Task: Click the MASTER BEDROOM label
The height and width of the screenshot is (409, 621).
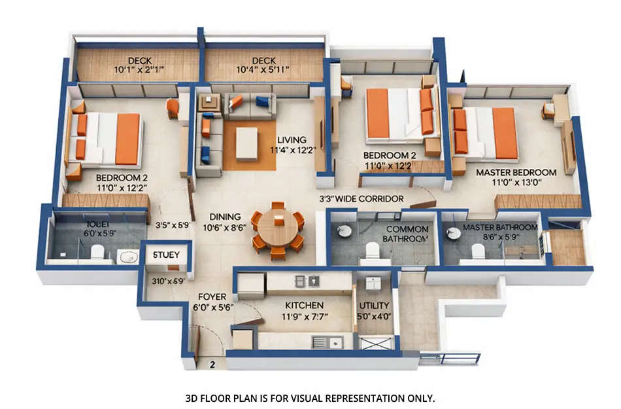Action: click(x=526, y=172)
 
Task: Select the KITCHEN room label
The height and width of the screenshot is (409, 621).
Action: click(x=304, y=305)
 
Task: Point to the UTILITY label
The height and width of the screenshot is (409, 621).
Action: click(x=375, y=306)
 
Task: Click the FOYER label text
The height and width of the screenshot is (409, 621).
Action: click(x=212, y=296)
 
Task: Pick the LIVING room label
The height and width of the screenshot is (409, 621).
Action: click(x=292, y=140)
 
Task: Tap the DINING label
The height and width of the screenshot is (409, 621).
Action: click(x=225, y=217)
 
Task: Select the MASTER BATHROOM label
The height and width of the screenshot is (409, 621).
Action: click(x=500, y=227)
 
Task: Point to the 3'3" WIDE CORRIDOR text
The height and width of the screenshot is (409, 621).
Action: click(x=361, y=198)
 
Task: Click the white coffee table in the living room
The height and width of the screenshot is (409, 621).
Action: click(x=246, y=143)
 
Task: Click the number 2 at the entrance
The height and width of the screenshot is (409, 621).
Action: click(x=212, y=364)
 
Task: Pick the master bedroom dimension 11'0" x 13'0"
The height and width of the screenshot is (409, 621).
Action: click(x=526, y=184)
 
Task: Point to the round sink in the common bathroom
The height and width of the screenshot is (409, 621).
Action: click(x=344, y=230)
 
